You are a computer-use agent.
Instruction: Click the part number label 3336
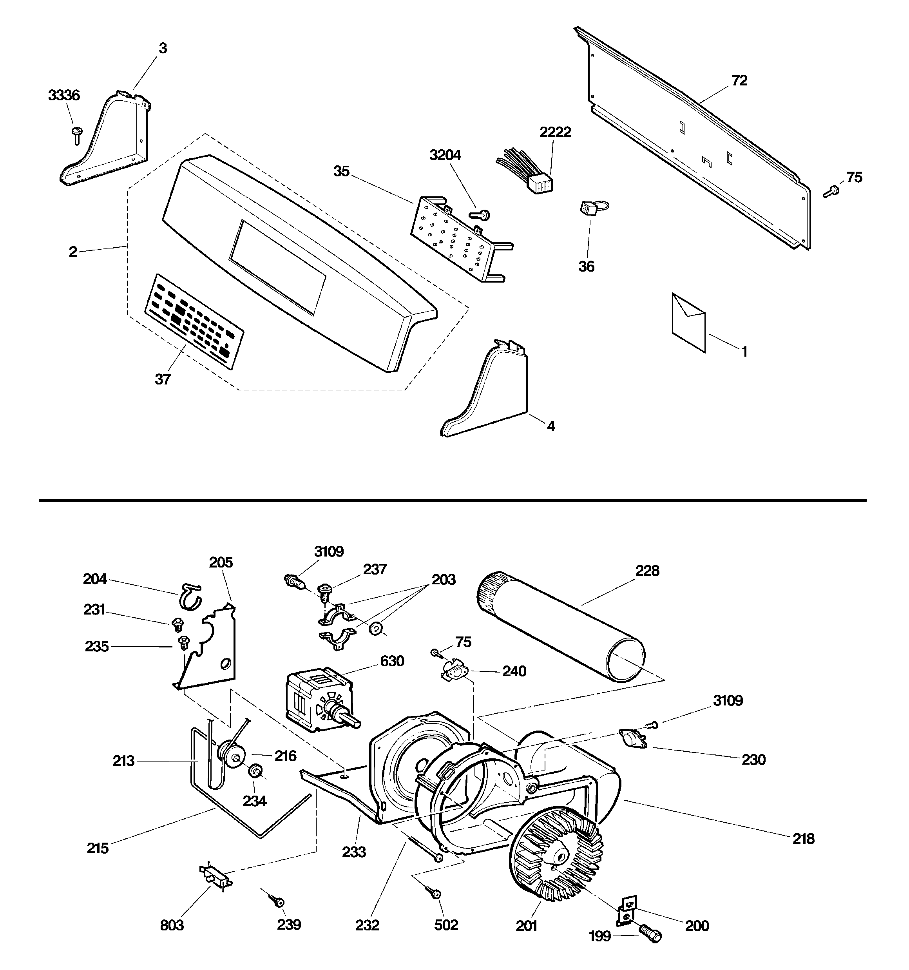[64, 95]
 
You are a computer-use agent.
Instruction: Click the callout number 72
[739, 80]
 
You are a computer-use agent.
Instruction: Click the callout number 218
[803, 838]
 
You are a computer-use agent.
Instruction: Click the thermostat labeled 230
[633, 737]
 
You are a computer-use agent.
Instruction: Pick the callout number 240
[514, 671]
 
